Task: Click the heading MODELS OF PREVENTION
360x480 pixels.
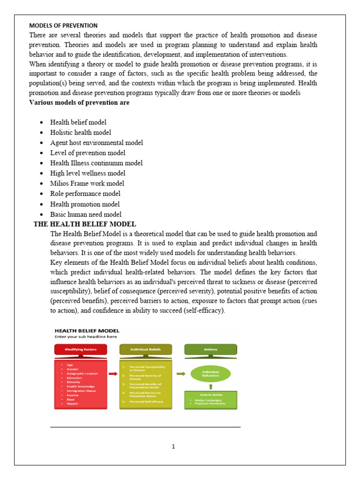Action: (63, 25)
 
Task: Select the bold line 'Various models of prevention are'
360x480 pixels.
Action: (79, 103)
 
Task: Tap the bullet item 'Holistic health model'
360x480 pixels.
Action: (81, 133)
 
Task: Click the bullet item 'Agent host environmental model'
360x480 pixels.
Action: (97, 142)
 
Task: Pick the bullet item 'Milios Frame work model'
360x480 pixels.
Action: (87, 183)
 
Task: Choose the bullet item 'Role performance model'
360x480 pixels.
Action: (85, 194)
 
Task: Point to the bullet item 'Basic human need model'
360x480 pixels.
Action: (86, 214)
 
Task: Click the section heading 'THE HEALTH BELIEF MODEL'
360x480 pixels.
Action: (85, 224)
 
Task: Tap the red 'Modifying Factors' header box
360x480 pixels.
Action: (81, 349)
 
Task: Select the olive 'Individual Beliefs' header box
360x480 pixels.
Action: (145, 349)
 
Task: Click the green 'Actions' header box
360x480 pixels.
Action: (210, 349)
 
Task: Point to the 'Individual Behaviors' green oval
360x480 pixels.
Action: (210, 374)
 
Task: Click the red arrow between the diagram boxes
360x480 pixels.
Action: (113, 374)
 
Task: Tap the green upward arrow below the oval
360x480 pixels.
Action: (210, 387)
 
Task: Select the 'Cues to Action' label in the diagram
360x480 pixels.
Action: (210, 394)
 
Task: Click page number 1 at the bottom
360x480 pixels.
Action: (173, 446)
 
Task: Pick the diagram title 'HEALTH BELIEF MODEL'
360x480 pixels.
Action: (87, 330)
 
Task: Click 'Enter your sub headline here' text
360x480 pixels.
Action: (86, 337)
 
